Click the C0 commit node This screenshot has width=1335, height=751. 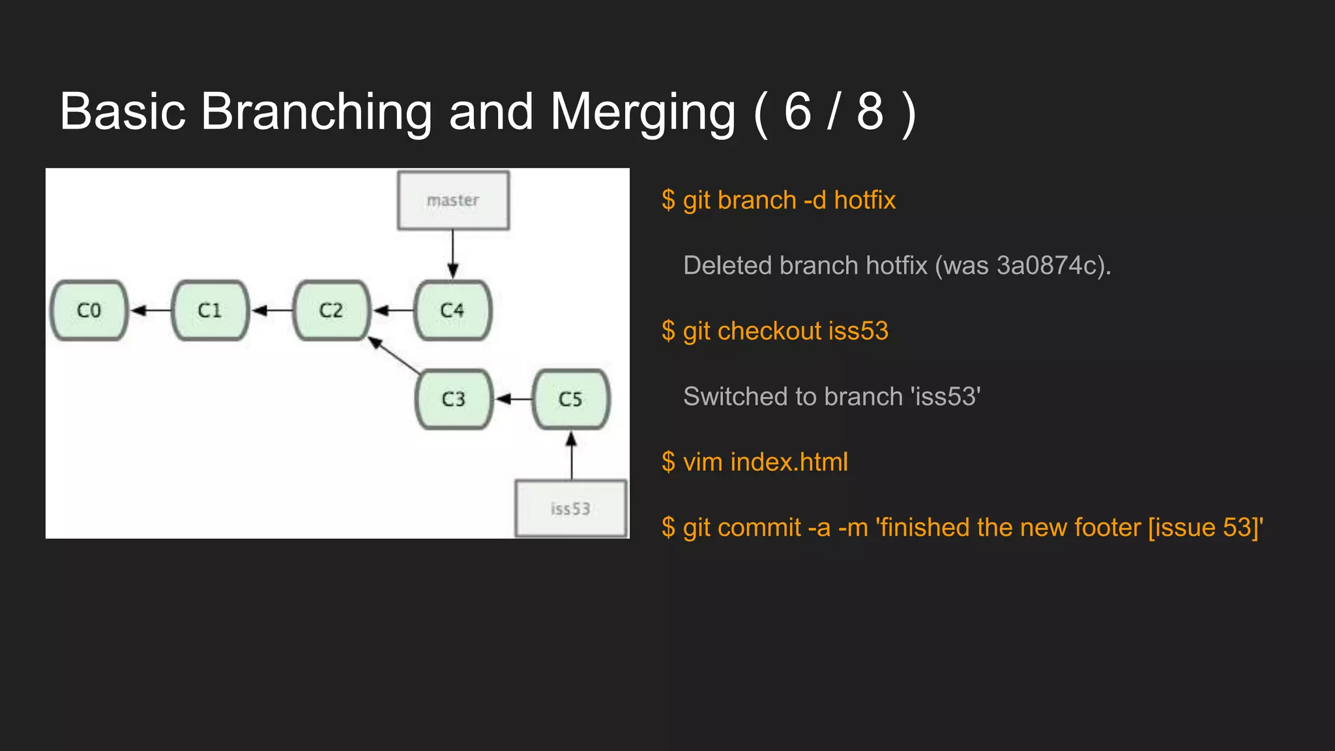89,310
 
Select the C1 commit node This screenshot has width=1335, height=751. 210,310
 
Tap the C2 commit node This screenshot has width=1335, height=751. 331,310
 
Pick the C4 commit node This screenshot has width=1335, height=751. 452,310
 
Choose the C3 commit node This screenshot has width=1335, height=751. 454,399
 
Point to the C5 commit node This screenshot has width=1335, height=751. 570,399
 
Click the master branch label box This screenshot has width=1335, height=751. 453,200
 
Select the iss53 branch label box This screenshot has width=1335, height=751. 571,508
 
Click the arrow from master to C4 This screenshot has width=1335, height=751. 453,254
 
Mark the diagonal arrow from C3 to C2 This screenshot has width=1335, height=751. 395,355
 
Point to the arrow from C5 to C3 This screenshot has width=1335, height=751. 514,399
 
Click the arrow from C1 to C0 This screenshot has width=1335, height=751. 151,310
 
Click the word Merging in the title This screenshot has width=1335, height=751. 643,112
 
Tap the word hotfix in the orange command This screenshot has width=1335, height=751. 864,200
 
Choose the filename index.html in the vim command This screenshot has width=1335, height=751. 789,462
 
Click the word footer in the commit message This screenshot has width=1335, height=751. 1108,527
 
